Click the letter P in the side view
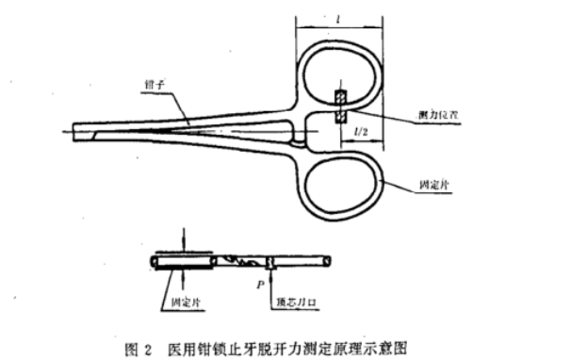coord(262,280)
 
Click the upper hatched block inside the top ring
coord(340,97)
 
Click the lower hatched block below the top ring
coord(340,115)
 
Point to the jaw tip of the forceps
coord(75,130)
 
